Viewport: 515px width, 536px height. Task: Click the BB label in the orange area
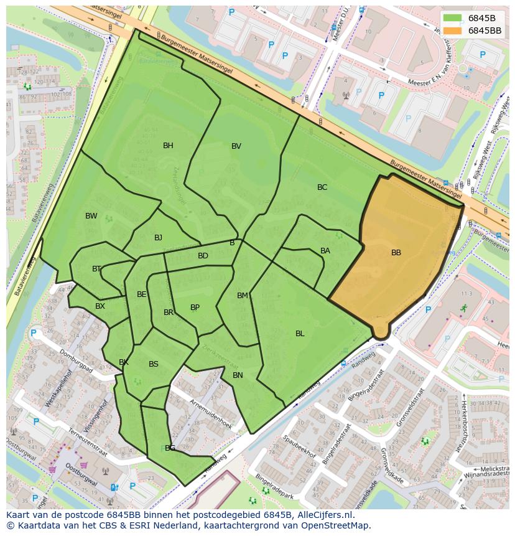tap(396, 253)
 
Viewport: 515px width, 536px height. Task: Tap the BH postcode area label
tap(168, 146)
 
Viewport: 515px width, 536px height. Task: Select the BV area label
tap(236, 146)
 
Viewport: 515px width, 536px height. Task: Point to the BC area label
tap(322, 187)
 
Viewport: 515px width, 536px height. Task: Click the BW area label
tap(91, 216)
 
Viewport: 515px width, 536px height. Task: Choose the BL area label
tap(300, 334)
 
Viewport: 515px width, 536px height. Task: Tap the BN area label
tap(238, 375)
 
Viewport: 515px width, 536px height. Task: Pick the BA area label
tap(325, 251)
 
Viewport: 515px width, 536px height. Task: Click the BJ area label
tap(158, 238)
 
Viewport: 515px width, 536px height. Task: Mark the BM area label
tap(243, 296)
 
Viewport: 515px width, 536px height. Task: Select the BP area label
tap(195, 308)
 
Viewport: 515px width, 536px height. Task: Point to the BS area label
tap(154, 364)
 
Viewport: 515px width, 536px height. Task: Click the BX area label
tap(100, 306)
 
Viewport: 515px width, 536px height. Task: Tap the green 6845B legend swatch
tap(453, 18)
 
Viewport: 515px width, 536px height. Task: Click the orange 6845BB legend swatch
tap(453, 31)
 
